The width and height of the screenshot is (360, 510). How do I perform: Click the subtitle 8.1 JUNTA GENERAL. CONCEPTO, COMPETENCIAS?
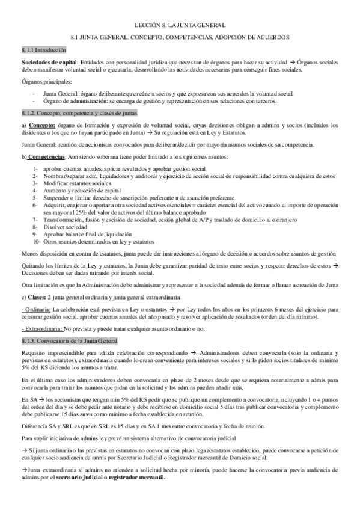tap(180, 37)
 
